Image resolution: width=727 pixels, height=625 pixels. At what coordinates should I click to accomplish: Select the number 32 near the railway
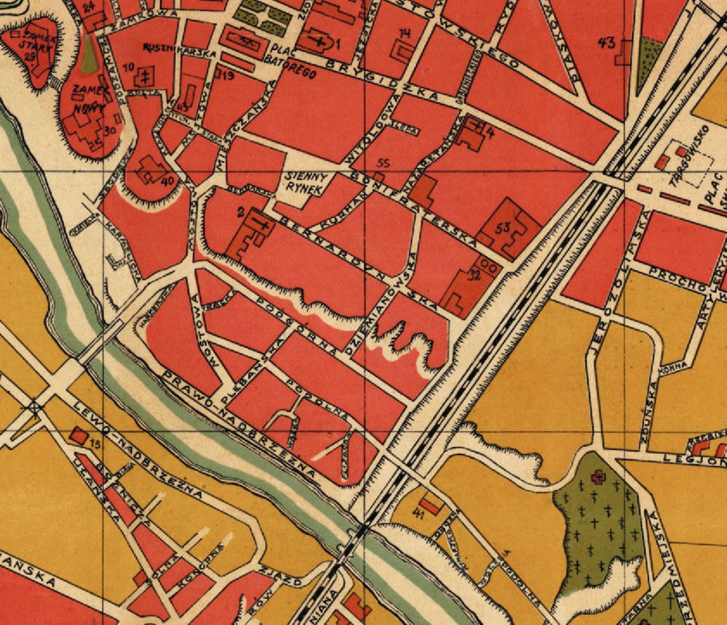(x=473, y=276)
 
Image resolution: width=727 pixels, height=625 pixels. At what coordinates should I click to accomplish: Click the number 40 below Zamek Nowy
(x=168, y=181)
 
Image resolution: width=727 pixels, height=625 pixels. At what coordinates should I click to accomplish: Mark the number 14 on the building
(x=405, y=33)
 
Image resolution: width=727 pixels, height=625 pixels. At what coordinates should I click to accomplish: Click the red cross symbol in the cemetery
(x=598, y=476)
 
